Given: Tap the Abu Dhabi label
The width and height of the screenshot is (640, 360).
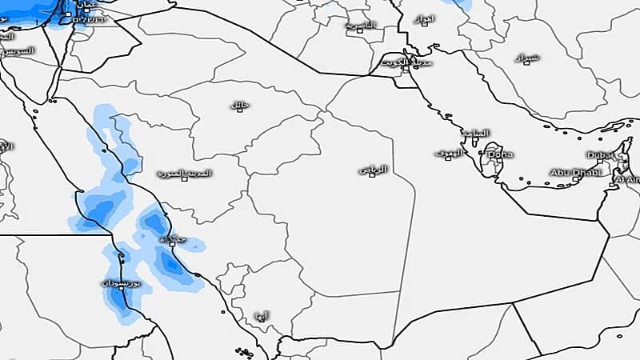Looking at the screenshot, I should [569, 172].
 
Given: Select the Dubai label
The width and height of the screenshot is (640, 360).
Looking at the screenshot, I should [599, 154].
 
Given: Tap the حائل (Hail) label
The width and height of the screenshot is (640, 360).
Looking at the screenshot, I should [238, 105].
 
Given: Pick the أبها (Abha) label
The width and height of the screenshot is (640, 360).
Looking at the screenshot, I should [260, 314].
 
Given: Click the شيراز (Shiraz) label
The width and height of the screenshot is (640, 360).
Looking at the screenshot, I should [529, 58].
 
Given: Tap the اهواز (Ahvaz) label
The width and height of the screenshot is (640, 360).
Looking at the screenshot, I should [424, 18].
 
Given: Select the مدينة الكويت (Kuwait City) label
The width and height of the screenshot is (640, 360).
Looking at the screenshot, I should [408, 61].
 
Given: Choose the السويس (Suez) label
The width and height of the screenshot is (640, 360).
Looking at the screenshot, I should [18, 50].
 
